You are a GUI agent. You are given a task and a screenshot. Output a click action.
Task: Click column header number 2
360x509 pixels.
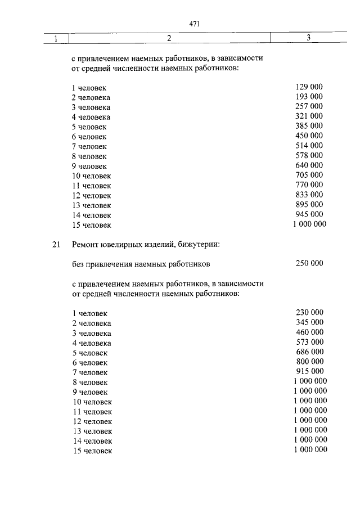pyautogui.click(x=169, y=38)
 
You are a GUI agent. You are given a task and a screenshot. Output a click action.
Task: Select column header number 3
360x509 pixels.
pyautogui.click(x=309, y=38)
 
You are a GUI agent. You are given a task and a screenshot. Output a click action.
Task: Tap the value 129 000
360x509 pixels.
pyautogui.click(x=309, y=87)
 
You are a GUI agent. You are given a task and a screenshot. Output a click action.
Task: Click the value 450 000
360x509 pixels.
pyautogui.click(x=309, y=136)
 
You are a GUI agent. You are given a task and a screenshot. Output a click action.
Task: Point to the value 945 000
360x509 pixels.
pyautogui.click(x=309, y=214)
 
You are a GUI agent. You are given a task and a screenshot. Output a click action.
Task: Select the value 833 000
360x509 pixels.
pyautogui.click(x=309, y=195)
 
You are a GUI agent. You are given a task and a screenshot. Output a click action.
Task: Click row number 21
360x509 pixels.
pyautogui.click(x=55, y=245)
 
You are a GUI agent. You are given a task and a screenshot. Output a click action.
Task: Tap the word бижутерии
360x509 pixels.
pyautogui.click(x=200, y=245)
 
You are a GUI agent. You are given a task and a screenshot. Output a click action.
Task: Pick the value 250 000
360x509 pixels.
pyautogui.click(x=309, y=263)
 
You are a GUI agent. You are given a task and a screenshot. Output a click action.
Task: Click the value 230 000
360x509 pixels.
pyautogui.click(x=309, y=312)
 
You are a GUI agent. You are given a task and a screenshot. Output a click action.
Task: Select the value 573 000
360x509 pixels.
pyautogui.click(x=309, y=342)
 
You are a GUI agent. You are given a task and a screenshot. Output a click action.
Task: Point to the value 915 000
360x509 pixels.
pyautogui.click(x=309, y=371)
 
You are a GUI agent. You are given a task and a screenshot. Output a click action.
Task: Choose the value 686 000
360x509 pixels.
pyautogui.click(x=309, y=352)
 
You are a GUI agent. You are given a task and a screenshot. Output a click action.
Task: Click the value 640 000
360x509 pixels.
pyautogui.click(x=309, y=165)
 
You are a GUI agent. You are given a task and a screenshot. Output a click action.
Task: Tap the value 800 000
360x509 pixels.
pyautogui.click(x=309, y=361)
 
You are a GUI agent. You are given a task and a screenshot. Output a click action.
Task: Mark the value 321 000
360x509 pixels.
pyautogui.click(x=309, y=116)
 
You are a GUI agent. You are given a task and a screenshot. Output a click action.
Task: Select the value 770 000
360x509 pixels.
pyautogui.click(x=309, y=184)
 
